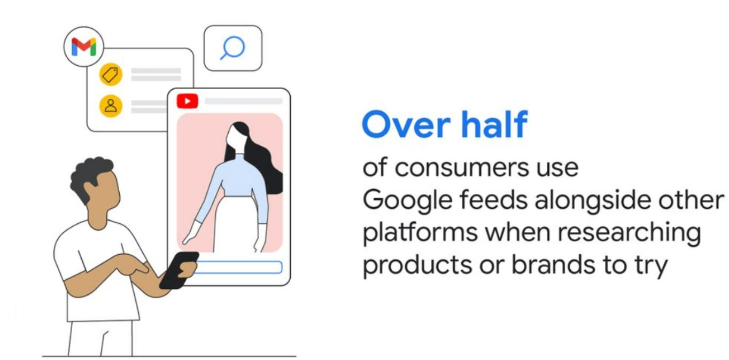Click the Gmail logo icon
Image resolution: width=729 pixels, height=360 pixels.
(x=83, y=47)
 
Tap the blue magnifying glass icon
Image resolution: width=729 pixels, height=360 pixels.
(x=232, y=48)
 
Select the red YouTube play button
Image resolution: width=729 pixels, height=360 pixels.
(x=187, y=101)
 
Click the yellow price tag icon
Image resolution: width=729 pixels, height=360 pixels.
(x=111, y=74)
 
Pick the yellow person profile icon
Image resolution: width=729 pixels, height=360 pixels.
(x=111, y=106)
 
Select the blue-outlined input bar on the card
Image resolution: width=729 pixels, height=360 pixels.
(x=238, y=267)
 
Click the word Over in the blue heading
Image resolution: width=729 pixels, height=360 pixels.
(x=407, y=124)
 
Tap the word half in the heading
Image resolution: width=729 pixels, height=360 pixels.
(x=494, y=124)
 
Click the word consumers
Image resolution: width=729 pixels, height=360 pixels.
(x=462, y=168)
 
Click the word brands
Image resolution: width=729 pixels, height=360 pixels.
(x=553, y=264)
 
